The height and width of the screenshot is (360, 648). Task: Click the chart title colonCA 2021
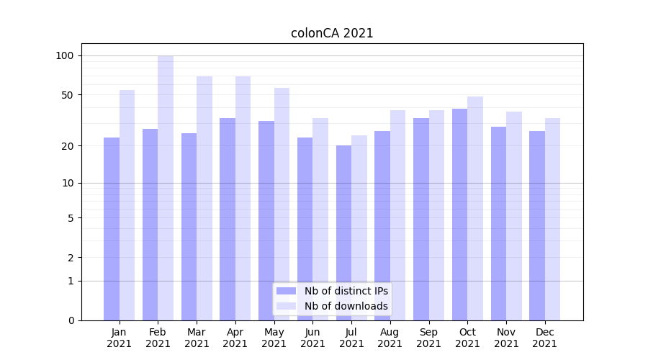coord(332,33)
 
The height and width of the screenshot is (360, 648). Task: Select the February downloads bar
coord(166,187)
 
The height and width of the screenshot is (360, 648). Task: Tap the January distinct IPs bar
coord(112,228)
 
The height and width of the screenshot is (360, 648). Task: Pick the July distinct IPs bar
coord(344,233)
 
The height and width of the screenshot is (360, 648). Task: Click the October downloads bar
coord(475,208)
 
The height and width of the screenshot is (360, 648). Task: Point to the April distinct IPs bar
coord(228,219)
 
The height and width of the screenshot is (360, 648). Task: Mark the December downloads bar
coord(552,219)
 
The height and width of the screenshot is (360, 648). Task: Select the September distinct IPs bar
coord(421,219)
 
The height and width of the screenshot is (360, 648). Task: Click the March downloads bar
coord(204,198)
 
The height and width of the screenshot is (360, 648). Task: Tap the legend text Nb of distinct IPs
coord(346,291)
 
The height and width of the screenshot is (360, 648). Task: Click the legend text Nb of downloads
coord(346,306)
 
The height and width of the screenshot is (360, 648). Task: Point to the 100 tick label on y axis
coord(65,55)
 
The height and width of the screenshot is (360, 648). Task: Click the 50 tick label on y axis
coord(68,95)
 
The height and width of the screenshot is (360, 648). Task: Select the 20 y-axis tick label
coord(68,146)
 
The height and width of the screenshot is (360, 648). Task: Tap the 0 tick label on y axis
coord(71,320)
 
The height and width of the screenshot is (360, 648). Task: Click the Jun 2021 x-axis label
coord(312,338)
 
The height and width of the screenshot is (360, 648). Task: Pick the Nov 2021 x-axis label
coord(506,338)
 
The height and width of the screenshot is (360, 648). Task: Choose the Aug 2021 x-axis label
coord(390,338)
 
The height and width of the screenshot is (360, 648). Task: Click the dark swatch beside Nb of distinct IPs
coord(286,291)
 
